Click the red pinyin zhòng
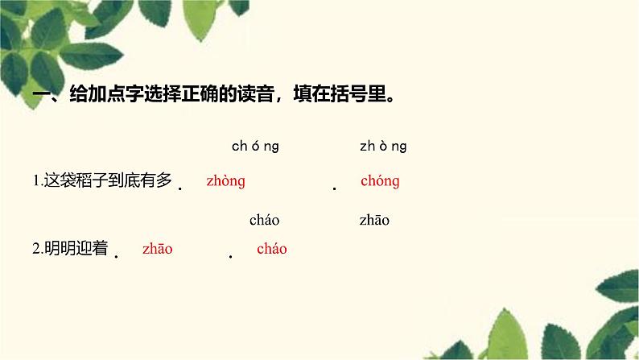pos(226,181)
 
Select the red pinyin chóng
pos(380,181)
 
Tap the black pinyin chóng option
pos(255,146)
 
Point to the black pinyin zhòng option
pos(383,146)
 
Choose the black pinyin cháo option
pos(265,220)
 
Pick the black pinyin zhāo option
pos(374,220)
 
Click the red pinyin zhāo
pos(158,249)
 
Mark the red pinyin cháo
pos(272,249)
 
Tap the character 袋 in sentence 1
pos(68,180)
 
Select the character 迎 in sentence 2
pos(84,248)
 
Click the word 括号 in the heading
pos(348,94)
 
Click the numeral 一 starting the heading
pos(41,94)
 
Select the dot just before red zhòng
pos(180,188)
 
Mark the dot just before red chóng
pos(335,188)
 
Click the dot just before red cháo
pos(231,256)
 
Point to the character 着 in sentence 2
pos(100,248)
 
